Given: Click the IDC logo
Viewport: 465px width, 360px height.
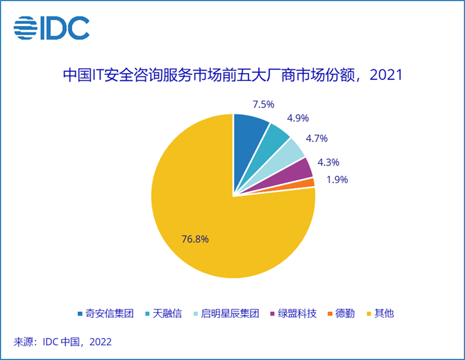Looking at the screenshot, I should pyautogui.click(x=52, y=27).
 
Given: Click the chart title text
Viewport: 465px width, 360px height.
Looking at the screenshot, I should pyautogui.click(x=232, y=75).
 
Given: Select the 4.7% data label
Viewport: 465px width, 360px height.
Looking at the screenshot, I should pyautogui.click(x=316, y=138).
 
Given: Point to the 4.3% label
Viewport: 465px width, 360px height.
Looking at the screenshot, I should pyautogui.click(x=328, y=162).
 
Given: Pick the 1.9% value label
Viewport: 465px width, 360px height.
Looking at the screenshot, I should pyautogui.click(x=335, y=179).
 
